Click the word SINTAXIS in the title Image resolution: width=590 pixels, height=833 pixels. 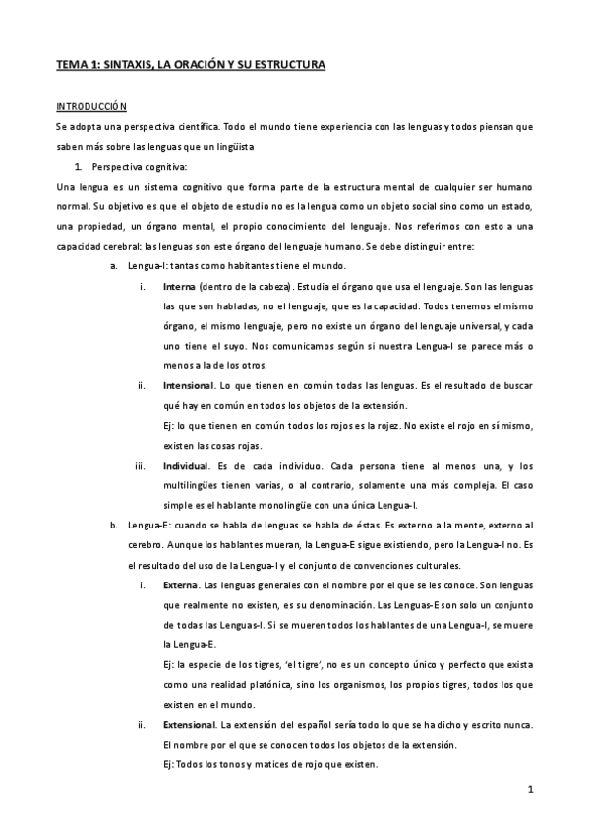(123, 65)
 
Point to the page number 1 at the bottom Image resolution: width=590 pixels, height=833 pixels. (529, 789)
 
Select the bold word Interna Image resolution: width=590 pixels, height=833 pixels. (179, 286)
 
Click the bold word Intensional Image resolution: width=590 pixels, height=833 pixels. (187, 387)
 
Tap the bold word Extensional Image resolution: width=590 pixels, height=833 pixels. (191, 725)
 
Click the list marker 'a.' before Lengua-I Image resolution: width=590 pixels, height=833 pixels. (114, 266)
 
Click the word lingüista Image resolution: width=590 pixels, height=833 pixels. (233, 146)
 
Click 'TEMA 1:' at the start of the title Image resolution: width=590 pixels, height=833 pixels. (77, 65)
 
